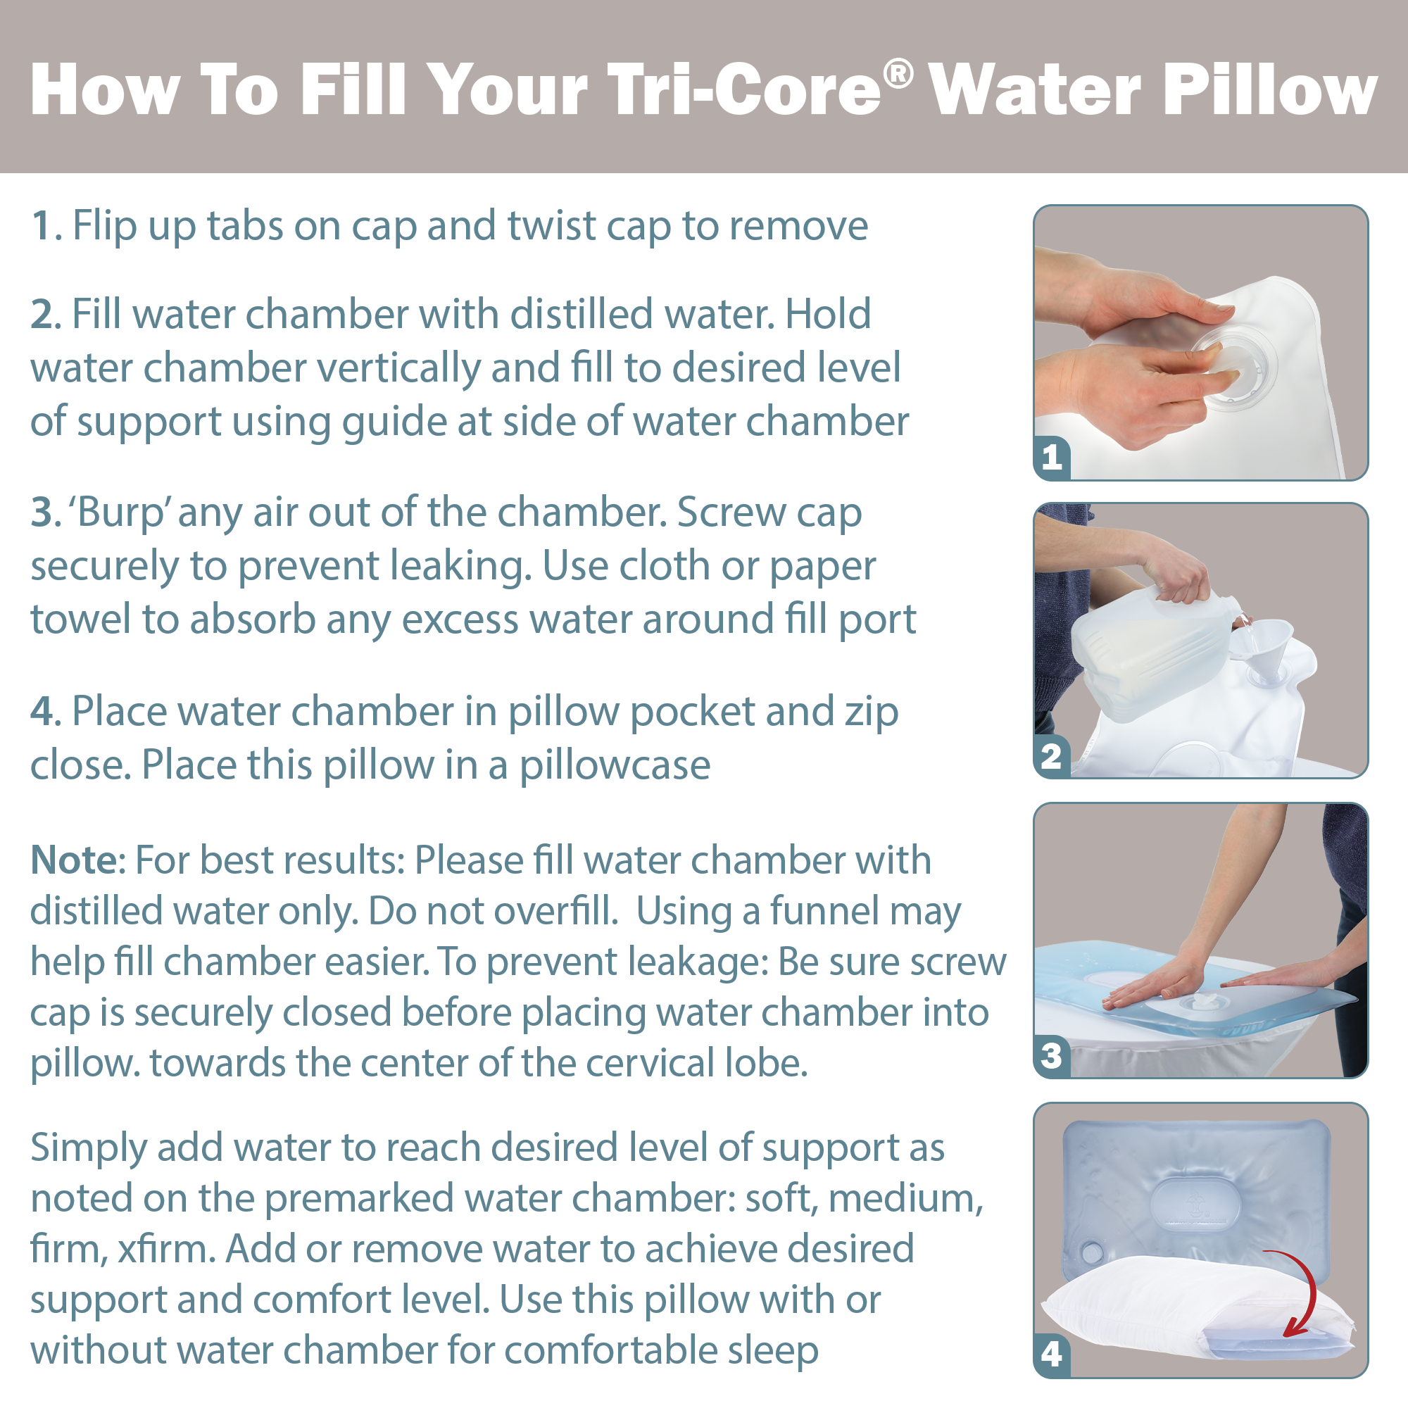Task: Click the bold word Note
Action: coord(74,860)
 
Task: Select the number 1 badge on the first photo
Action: coord(1052,458)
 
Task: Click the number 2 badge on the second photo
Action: coord(1052,757)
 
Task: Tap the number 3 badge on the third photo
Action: coord(1052,1056)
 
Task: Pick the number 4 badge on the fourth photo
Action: coord(1052,1354)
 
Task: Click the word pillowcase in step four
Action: coord(615,766)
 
